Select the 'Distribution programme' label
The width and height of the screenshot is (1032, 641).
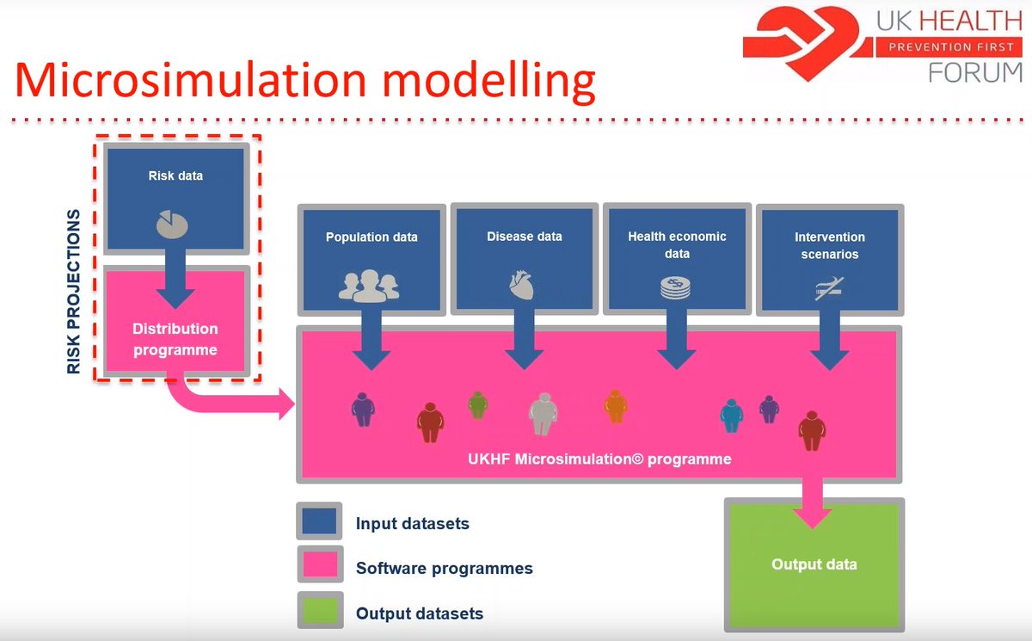tap(175, 339)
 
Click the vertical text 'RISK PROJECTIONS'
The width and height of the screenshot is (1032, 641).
tap(74, 292)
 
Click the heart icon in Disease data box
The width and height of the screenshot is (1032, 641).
tap(523, 284)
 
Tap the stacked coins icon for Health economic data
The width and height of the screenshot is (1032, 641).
tap(676, 287)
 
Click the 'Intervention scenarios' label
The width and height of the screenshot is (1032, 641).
tap(830, 245)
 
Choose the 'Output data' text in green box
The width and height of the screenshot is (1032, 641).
tap(814, 564)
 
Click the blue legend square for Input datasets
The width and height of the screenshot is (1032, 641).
tap(320, 523)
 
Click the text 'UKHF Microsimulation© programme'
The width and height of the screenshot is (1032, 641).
tap(600, 459)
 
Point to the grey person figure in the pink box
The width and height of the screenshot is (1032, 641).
tap(543, 414)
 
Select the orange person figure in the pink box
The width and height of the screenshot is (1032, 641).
tap(614, 406)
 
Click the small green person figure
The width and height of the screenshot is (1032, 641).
tap(477, 404)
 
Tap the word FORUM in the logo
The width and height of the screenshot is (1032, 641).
tap(974, 74)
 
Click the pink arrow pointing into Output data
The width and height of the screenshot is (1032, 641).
tap(812, 508)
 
